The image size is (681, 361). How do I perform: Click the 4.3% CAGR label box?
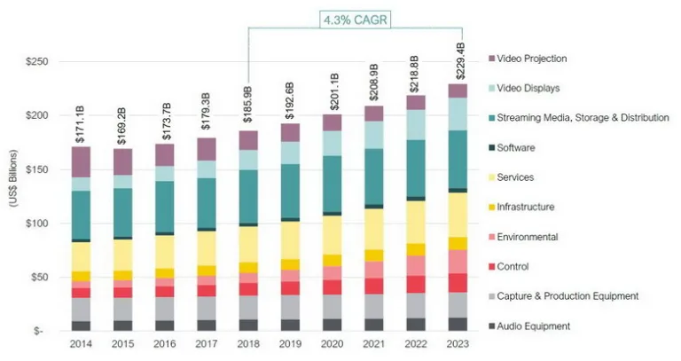(x=352, y=17)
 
